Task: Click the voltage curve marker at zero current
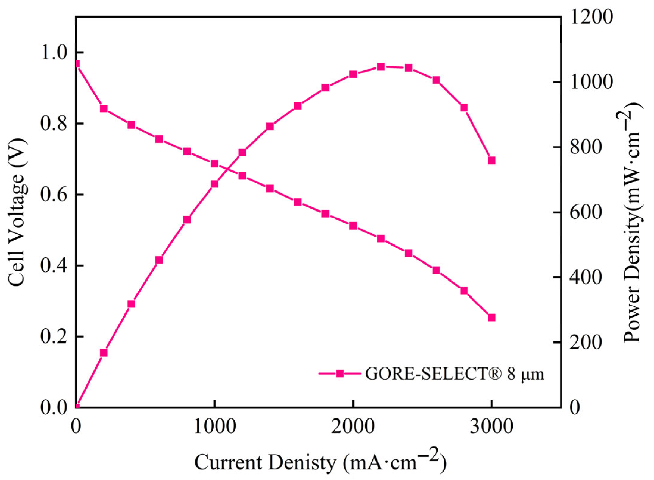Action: pos(77,64)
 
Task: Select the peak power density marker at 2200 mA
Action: pos(381,66)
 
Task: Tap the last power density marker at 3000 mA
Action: pos(491,160)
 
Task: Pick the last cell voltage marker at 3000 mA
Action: pos(491,318)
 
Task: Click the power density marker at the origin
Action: pos(77,406)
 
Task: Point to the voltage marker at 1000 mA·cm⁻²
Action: pos(214,164)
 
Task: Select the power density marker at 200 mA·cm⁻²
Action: pos(104,353)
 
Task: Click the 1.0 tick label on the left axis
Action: pos(54,52)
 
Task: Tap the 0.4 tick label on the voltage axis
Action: pos(54,266)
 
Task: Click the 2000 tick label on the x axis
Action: pos(353,427)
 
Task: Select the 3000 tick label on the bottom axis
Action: pos(491,427)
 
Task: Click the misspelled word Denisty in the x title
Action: pos(302,463)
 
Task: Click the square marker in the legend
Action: pos(340,373)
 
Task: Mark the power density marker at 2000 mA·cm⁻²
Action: pos(353,74)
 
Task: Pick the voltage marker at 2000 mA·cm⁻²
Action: pos(353,226)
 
